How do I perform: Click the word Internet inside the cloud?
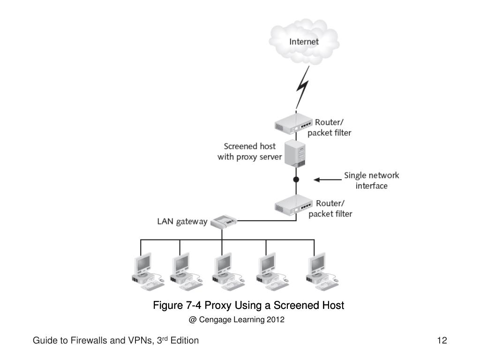tap(304, 42)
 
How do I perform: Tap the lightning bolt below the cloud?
tap(303, 88)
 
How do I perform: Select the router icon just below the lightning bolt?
tap(293, 123)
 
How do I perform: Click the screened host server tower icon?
tap(295, 153)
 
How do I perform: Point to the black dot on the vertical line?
tap(296, 180)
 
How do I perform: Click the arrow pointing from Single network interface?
tap(328, 180)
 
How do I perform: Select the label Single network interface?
tap(371, 180)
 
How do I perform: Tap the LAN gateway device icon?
tap(224, 221)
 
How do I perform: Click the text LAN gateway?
tap(182, 221)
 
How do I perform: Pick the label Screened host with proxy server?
tap(249, 151)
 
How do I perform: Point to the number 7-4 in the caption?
tap(194, 305)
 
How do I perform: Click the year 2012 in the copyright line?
tap(276, 320)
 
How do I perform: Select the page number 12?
tap(442, 340)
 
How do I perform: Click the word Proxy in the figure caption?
tap(217, 306)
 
